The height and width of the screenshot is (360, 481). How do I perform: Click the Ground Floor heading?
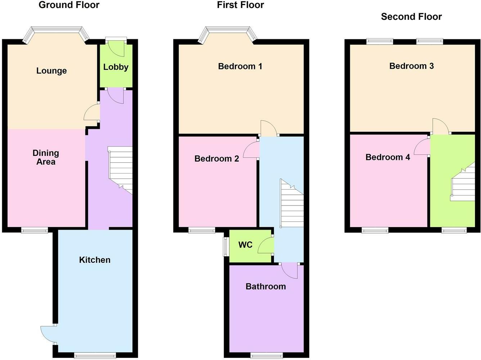(x=69, y=5)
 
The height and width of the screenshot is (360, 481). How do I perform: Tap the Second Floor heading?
(x=411, y=17)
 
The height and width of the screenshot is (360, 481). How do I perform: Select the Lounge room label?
(x=51, y=71)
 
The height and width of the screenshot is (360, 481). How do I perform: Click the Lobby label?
(x=116, y=67)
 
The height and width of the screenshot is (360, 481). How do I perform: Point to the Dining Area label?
(x=46, y=157)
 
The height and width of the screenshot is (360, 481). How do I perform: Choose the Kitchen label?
(x=95, y=260)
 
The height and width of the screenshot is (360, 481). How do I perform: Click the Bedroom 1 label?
(x=240, y=66)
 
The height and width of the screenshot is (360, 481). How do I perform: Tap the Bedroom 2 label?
(x=217, y=158)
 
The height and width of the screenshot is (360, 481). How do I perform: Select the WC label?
(x=245, y=245)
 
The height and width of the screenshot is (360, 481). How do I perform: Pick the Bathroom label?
(x=266, y=287)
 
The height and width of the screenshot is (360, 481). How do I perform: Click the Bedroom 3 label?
(x=412, y=66)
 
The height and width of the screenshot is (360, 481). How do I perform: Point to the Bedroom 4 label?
(x=388, y=157)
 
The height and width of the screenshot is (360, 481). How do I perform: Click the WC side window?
(x=226, y=246)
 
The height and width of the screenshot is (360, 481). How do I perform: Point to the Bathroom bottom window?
(x=266, y=356)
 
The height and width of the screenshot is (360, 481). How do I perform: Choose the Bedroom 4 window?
(x=375, y=230)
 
